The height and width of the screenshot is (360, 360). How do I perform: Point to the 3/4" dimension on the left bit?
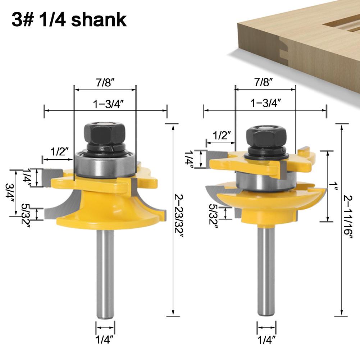tap(10, 192)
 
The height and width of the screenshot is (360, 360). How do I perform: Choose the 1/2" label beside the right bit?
tap(222, 135)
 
